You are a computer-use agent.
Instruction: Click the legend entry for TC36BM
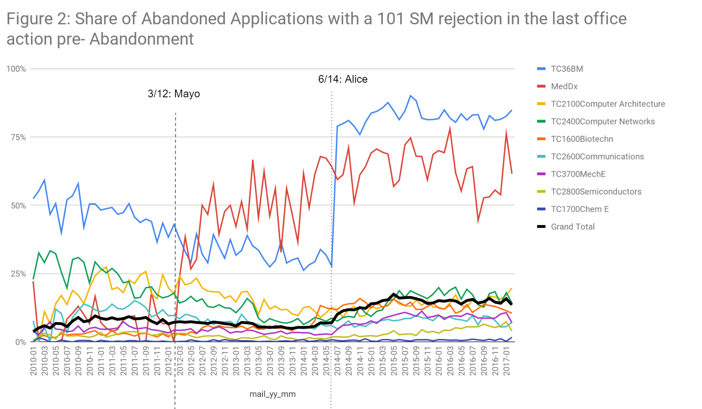coord(566,69)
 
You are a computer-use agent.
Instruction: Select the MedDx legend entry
coord(564,86)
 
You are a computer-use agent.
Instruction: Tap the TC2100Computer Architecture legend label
coord(608,104)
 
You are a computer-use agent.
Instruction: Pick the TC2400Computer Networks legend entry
coord(602,122)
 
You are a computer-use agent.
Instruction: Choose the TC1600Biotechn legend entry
coord(582,139)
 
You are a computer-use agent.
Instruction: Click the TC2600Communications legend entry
coord(597,156)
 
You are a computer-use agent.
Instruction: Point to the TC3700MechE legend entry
coord(578,174)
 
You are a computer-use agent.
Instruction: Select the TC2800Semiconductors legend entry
coord(596,192)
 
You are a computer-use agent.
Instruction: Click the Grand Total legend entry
coord(572,227)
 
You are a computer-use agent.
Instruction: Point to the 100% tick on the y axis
coord(16,69)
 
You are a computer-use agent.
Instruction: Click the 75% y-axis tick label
coord(18,137)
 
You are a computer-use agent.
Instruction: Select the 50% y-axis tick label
coord(18,206)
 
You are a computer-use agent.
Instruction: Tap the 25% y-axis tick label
coord(18,274)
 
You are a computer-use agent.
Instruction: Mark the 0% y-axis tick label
coord(20,342)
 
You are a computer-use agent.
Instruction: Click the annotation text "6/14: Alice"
coord(343,79)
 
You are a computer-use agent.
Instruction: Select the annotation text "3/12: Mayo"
coord(174,94)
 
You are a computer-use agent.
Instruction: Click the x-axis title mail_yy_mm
coord(272,394)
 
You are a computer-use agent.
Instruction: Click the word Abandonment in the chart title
coord(141,39)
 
